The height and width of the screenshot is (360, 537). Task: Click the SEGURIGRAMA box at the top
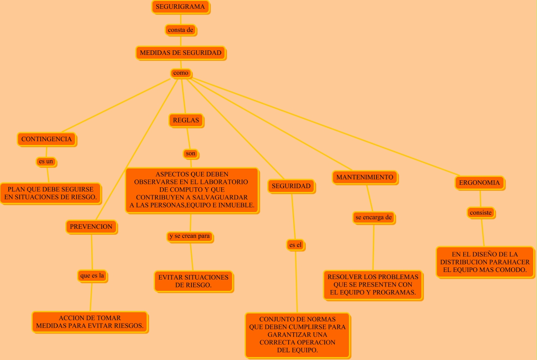pos(180,7)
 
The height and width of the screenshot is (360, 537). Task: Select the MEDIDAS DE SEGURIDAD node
pos(181,53)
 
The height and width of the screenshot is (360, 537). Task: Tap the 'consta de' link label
pos(180,30)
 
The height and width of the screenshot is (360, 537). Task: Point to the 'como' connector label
pos(181,73)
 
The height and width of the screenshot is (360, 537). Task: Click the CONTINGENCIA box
pos(46,139)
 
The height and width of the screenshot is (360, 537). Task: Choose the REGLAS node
pos(186,120)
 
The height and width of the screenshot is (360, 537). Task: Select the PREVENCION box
pos(91,227)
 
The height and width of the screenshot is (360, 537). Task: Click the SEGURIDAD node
pos(291,186)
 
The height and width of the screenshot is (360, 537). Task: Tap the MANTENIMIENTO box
pos(365,177)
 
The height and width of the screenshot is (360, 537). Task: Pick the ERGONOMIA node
pos(480,183)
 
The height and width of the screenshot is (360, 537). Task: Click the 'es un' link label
pos(46,161)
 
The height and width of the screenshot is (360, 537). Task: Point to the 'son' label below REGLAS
pos(191,154)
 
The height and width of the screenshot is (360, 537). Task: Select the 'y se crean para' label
pos(190,236)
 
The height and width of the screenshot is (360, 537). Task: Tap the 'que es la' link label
pos(92,276)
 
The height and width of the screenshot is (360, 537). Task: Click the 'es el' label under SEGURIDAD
pos(295,245)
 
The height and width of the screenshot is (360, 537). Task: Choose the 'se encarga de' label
pos(374,218)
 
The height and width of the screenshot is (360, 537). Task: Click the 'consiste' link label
pos(481,212)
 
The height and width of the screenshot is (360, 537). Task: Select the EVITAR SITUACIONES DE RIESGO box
pos(194,281)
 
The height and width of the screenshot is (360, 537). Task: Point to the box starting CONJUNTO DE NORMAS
pos(297,335)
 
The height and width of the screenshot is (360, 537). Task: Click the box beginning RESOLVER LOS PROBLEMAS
pos(373,285)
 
